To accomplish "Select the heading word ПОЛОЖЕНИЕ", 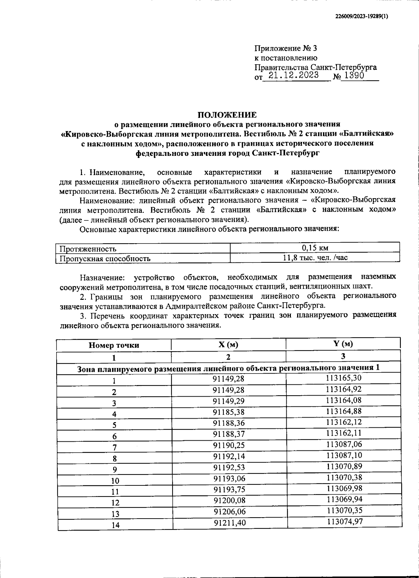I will (227, 115).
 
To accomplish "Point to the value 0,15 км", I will (315, 248).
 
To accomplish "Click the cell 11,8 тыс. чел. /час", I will (315, 258).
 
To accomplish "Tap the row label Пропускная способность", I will (105, 259).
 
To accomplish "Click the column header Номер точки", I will (114, 345).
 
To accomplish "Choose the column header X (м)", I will (228, 345).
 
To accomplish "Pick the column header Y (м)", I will (343, 344).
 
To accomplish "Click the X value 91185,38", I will (229, 412).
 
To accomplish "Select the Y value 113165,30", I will (344, 378).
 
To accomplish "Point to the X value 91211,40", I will (229, 523).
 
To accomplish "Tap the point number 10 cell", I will (115, 481).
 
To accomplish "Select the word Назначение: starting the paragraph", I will (102, 277).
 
